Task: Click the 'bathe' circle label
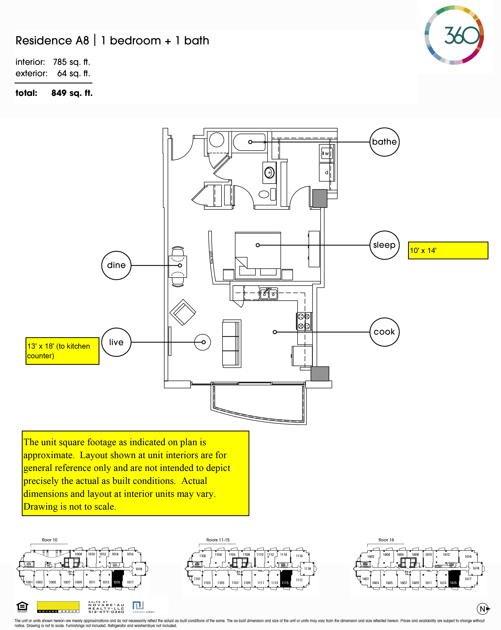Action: click(384, 142)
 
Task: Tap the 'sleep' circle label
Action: click(384, 245)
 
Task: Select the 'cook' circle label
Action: click(384, 332)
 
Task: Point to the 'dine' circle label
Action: click(116, 265)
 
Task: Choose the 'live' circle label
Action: click(116, 342)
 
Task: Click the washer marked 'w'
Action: click(327, 153)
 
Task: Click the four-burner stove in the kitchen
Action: click(304, 321)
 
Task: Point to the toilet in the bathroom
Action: click(264, 194)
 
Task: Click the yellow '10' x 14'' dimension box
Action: click(448, 250)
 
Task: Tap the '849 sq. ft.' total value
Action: click(72, 93)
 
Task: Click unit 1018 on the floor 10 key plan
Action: click(139, 569)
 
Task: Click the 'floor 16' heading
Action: click(386, 540)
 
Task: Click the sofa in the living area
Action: click(231, 343)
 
